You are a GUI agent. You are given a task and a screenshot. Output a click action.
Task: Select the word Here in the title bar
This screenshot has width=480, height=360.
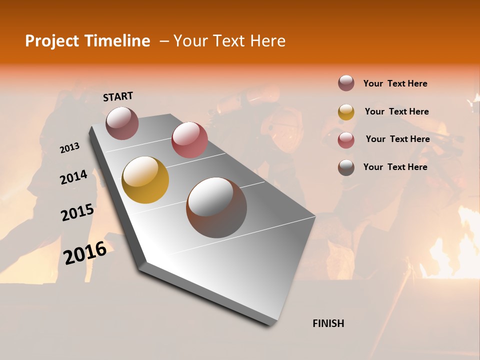coord(267,41)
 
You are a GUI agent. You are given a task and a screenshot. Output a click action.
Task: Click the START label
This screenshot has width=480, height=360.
coord(118,96)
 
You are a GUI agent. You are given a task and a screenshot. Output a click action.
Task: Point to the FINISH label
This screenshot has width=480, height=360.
coord(328,323)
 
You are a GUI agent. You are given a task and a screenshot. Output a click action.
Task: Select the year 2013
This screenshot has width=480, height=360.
coord(69,148)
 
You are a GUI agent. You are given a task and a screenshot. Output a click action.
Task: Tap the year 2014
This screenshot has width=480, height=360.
coord(73,177)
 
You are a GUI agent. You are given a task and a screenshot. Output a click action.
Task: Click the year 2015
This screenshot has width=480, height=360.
coord(77,212)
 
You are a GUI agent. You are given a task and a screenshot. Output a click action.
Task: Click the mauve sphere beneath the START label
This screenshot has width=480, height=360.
coord(122,123)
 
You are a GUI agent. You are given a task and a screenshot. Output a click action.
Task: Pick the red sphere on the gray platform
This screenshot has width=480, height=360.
coord(189,140)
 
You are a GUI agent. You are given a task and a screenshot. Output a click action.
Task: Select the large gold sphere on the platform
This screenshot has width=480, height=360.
coord(145,180)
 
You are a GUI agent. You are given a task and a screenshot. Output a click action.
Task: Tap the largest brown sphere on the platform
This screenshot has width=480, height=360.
coord(216,207)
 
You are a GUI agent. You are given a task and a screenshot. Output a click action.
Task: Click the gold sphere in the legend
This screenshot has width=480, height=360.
coord(346,112)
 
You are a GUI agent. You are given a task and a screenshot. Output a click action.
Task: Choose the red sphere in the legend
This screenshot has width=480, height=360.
coord(346,140)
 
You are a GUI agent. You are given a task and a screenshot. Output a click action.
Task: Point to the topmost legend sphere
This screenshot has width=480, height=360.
coord(346,83)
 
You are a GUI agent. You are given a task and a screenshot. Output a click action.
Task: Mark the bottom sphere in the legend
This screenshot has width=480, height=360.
coord(346,167)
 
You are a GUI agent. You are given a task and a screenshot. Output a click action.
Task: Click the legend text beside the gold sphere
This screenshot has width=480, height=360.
coord(396,111)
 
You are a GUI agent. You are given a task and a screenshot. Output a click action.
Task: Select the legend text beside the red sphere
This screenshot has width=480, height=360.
coord(397,139)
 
